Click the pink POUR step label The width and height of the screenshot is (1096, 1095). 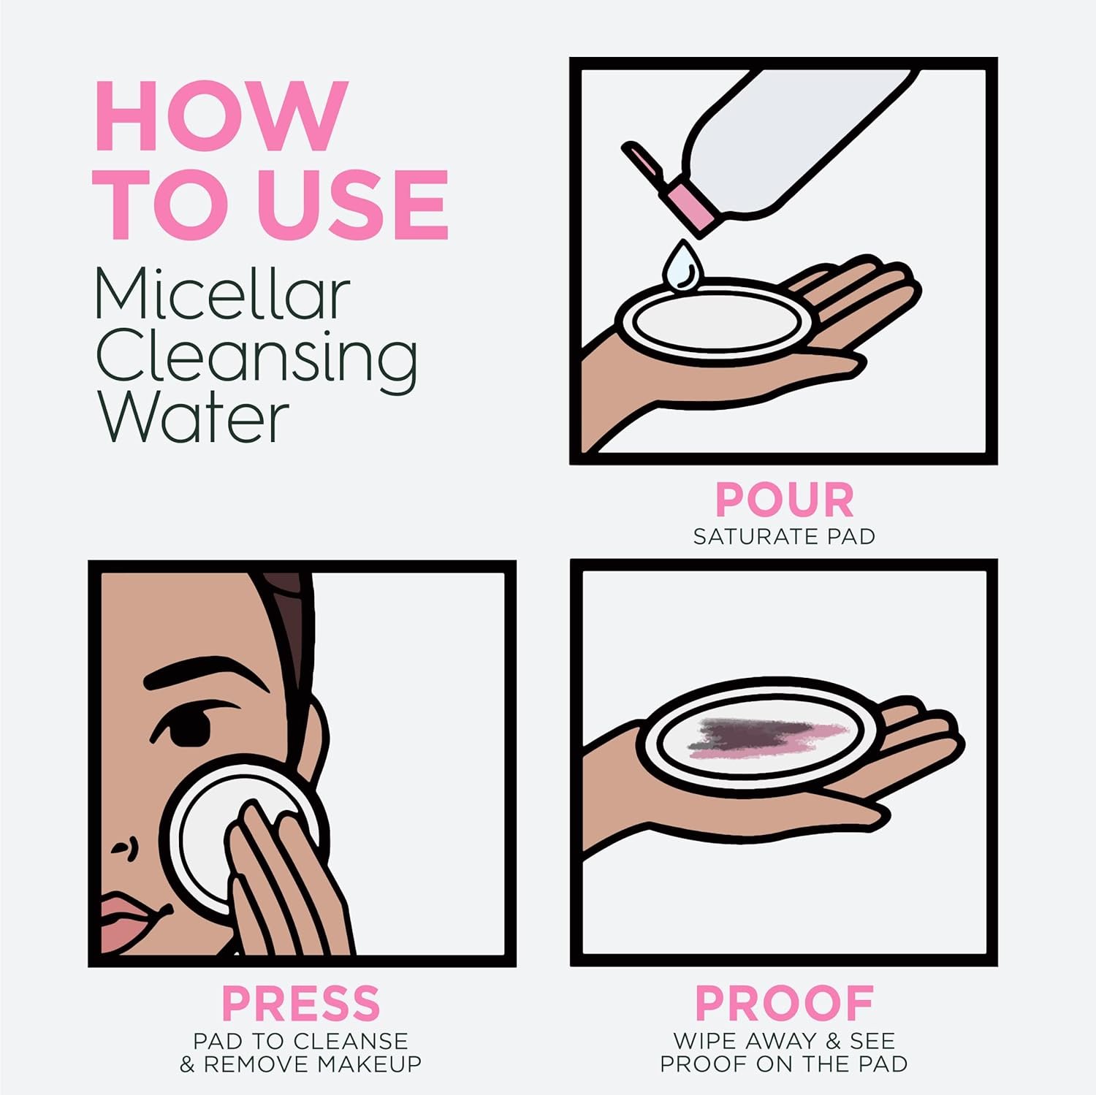[x=784, y=500]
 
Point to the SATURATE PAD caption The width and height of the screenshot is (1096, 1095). [x=784, y=537]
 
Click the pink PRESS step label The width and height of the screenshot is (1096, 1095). [x=301, y=1003]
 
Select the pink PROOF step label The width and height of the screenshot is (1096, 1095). [x=784, y=1003]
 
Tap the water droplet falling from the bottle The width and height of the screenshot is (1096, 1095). [x=679, y=266]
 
